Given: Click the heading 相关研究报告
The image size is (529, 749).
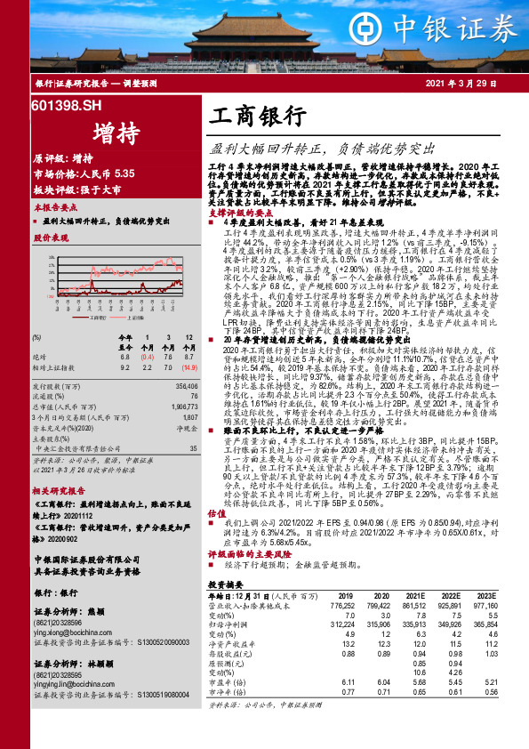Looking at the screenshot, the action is coord(58,490).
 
